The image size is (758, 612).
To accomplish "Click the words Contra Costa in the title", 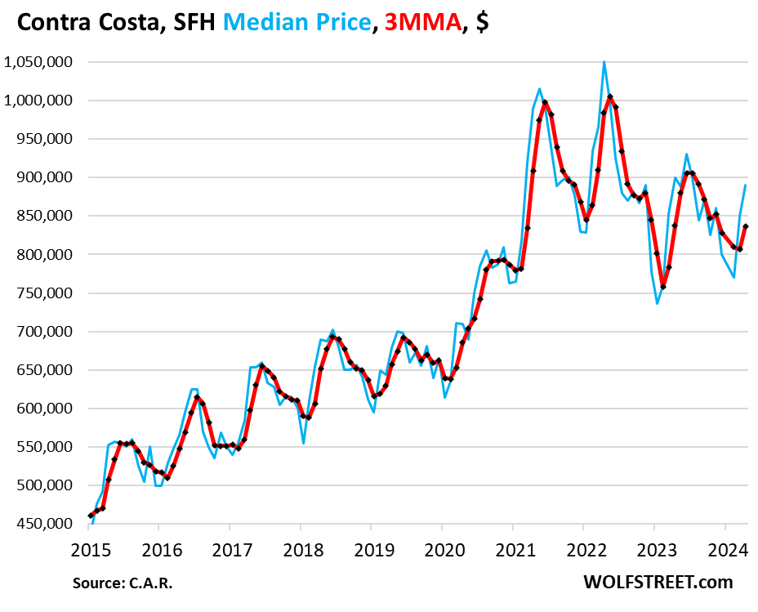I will tap(85, 22).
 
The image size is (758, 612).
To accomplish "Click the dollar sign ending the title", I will tap(482, 22).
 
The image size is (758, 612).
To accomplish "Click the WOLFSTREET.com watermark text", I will tap(658, 582).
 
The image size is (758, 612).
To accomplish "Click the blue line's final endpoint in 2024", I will tap(746, 185).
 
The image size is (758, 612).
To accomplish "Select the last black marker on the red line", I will tap(746, 226).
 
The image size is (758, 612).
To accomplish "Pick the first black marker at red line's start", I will tap(91, 516).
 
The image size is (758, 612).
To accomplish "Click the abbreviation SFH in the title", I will tap(191, 22).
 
